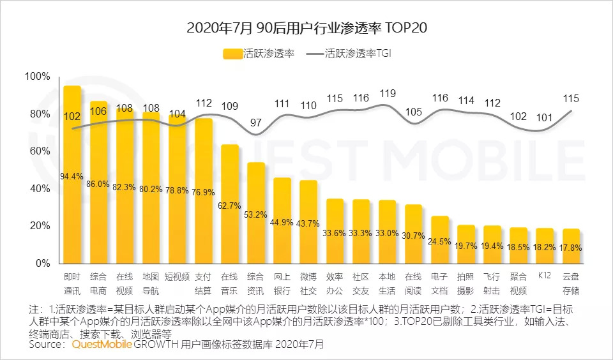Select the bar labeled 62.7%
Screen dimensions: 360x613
[229, 204]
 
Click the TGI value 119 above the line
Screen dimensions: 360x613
[387, 94]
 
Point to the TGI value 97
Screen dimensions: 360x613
[255, 123]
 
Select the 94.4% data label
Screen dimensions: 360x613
[72, 176]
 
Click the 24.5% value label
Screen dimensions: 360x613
[439, 242]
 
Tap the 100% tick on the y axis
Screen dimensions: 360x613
[37, 77]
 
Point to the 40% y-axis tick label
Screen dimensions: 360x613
[40, 189]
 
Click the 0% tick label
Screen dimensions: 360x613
[43, 264]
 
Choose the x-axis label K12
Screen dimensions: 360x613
[544, 276]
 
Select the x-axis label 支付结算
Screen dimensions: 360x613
[203, 282]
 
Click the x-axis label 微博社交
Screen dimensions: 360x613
[308, 282]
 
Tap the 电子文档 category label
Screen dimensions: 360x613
[439, 282]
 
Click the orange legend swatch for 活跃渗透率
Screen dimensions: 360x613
[232, 54]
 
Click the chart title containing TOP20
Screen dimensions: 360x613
[306, 28]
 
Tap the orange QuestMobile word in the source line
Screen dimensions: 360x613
[102, 345]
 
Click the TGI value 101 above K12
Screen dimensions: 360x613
[544, 117]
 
